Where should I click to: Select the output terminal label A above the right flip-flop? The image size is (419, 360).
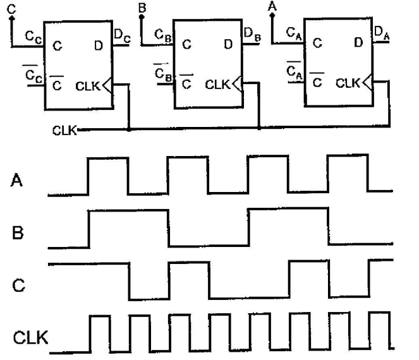pos(272,6)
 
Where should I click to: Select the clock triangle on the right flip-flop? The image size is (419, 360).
pos(368,81)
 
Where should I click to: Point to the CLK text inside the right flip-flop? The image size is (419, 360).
pos(348,81)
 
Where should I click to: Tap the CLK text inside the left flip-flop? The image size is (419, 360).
pos(87,84)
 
